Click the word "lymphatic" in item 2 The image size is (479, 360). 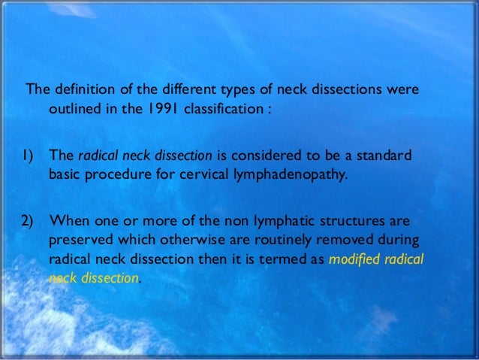tap(279, 222)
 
